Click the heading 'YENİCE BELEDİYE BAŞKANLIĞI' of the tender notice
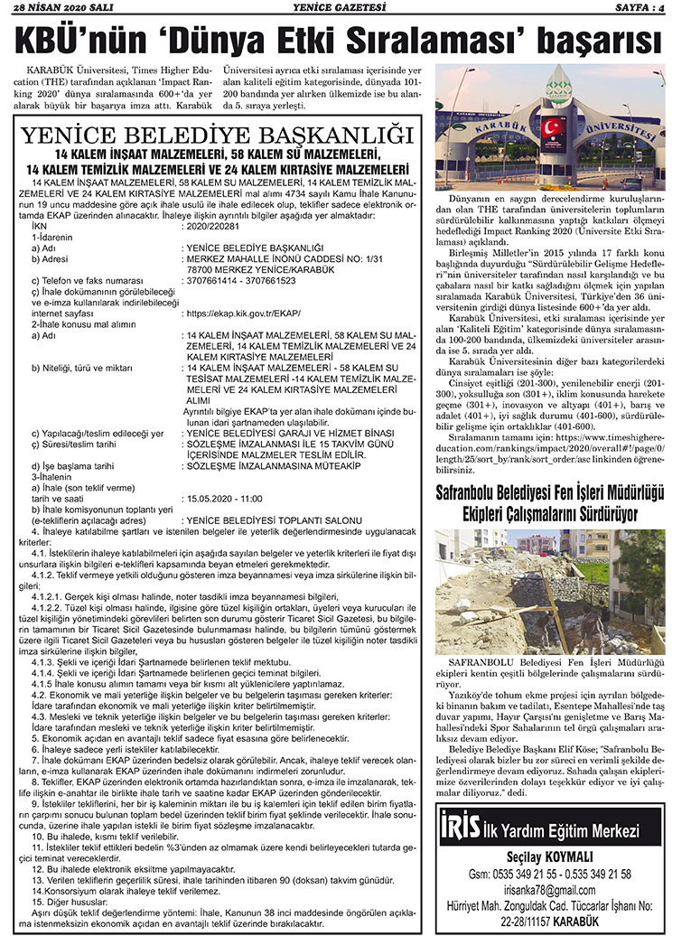point(217,137)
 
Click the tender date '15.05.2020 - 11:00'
point(221,498)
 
